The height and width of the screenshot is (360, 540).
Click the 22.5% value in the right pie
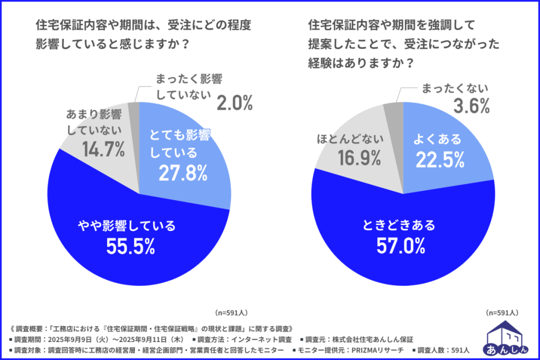[x=440, y=159]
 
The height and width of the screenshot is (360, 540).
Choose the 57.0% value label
[x=399, y=246]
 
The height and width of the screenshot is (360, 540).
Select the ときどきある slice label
[x=399, y=226]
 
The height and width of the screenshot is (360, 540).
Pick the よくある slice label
[x=438, y=140]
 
